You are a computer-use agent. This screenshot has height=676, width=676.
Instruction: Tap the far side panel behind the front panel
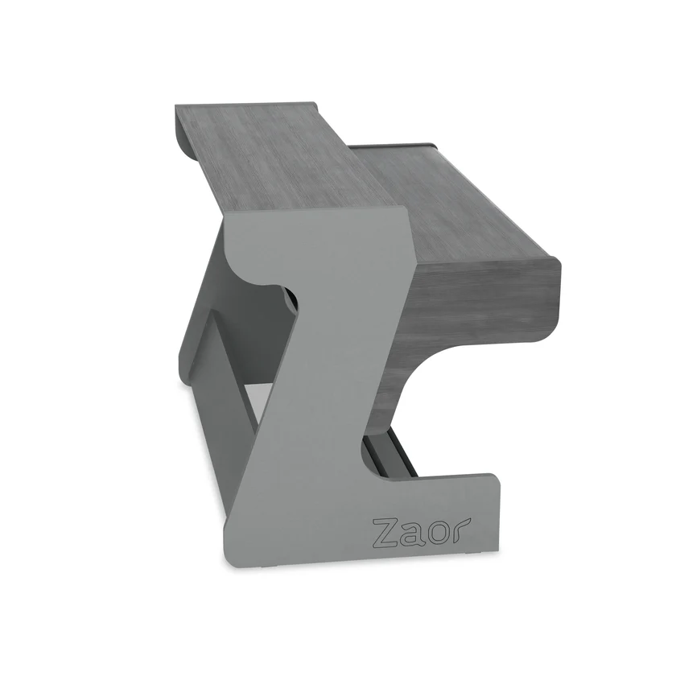click(x=201, y=322)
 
